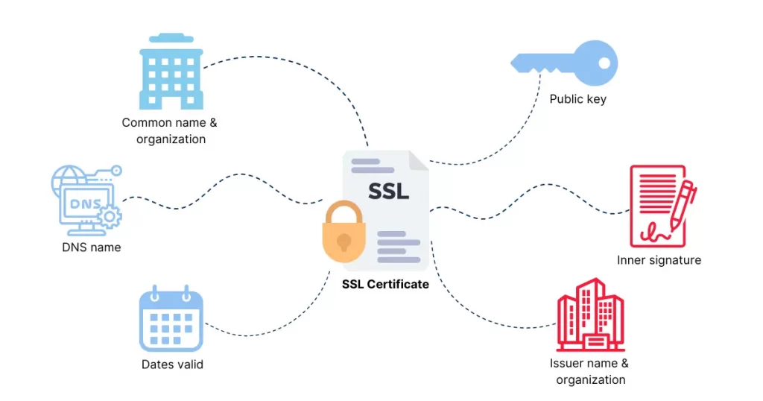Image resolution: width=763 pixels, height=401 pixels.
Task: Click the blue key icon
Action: (x=565, y=63)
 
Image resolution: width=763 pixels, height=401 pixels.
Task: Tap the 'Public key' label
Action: (x=577, y=99)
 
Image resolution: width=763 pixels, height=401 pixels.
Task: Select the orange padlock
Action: (x=343, y=232)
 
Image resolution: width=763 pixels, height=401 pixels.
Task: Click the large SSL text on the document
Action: (x=388, y=192)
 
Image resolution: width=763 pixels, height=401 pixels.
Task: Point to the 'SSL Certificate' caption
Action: (x=385, y=284)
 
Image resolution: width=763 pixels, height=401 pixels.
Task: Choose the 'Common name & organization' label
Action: (x=170, y=131)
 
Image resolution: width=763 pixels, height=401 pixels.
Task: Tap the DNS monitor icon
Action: (x=86, y=200)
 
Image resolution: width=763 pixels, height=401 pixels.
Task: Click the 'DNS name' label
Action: (x=92, y=247)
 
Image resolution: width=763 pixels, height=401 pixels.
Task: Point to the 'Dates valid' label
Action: (x=172, y=364)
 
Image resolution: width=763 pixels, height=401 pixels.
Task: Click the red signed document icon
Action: (x=663, y=206)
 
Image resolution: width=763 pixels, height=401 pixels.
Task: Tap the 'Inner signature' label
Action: (x=659, y=260)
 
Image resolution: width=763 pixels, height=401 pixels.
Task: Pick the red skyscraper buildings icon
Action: (x=590, y=315)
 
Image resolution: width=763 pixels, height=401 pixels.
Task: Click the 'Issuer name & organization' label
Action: (x=590, y=371)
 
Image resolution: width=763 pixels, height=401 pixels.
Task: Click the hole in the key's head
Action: (x=604, y=63)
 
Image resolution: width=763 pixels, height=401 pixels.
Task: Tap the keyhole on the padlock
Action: (x=344, y=241)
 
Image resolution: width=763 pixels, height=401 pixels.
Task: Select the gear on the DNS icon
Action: (x=110, y=217)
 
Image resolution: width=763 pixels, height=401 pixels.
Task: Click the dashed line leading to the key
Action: (x=511, y=140)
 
